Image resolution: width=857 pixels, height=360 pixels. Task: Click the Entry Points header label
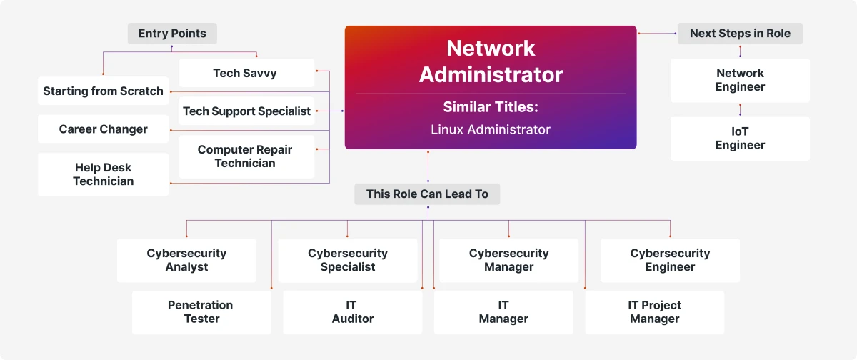172,34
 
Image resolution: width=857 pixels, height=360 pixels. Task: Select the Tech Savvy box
246,73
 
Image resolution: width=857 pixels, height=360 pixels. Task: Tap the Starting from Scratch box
103,91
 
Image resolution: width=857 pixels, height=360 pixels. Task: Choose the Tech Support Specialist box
246,111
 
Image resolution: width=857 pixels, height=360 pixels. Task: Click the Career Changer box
103,129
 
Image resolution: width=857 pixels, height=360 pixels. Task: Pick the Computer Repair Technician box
246,156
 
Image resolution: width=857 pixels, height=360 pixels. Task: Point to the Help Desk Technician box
103,174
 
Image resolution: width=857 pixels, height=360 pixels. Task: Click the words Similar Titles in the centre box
490,107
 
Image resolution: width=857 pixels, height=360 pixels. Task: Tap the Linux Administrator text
490,129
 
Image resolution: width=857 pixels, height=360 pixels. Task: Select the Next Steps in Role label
740,34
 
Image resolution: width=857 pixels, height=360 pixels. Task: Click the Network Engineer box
740,80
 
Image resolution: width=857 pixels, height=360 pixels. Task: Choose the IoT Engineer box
740,139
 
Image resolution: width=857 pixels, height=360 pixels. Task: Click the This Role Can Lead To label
427,194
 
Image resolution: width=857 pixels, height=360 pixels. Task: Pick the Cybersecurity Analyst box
186,260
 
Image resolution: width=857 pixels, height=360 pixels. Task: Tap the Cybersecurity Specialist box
348,260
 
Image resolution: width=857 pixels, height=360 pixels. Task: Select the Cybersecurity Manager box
508,260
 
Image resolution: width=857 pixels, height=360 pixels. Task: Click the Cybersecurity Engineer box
670,260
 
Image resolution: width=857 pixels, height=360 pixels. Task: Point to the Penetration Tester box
201,312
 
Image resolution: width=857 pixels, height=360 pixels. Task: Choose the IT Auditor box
353,312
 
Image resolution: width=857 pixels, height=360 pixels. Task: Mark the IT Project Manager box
654,312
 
